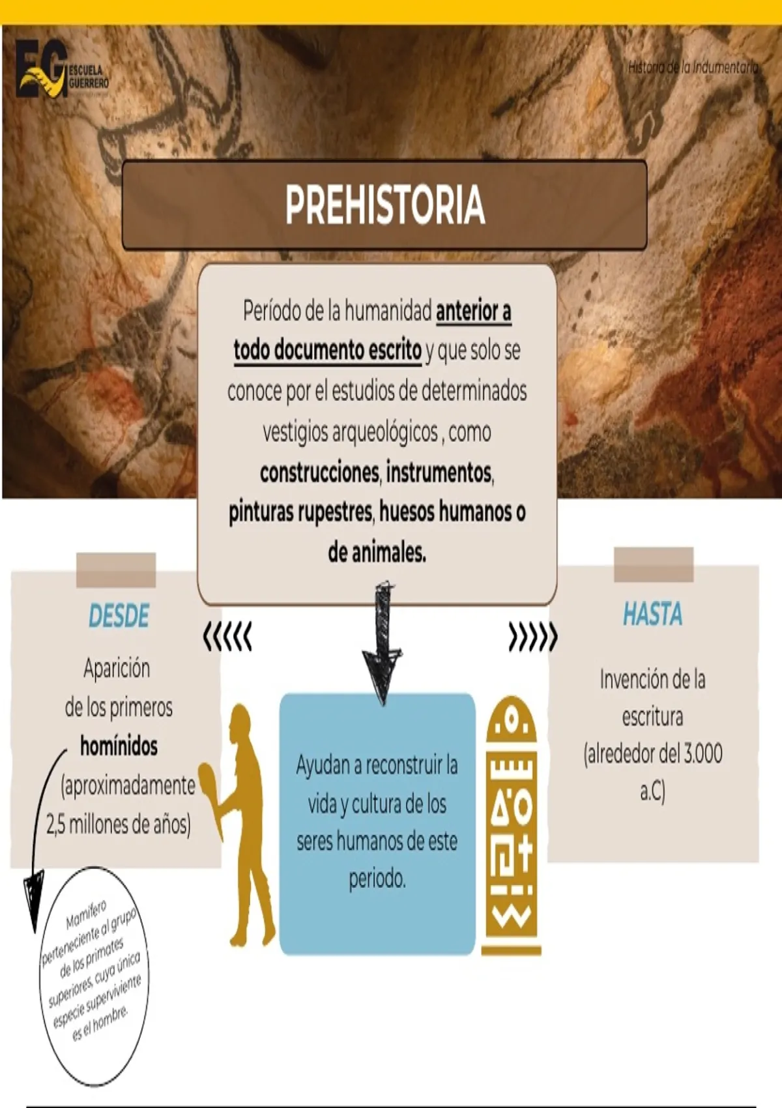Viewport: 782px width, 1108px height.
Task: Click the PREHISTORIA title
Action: [x=384, y=205]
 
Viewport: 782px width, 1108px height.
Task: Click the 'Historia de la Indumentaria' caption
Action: [x=692, y=66]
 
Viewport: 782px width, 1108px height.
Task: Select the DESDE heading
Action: [x=119, y=616]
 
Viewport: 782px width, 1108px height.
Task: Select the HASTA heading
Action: [x=652, y=614]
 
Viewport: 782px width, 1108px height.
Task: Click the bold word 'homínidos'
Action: [x=119, y=746]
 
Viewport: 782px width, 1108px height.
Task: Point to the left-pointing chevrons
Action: [x=227, y=636]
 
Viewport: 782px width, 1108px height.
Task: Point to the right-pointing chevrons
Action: [x=533, y=637]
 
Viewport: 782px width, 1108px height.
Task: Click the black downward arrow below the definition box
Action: [x=383, y=645]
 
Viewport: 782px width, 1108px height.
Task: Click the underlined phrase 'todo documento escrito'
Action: [x=327, y=350]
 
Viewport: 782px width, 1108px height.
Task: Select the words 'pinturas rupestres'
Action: [x=300, y=512]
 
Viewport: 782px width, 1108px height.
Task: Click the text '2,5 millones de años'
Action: [x=118, y=824]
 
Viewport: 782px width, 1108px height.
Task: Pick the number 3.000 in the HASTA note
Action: [x=702, y=754]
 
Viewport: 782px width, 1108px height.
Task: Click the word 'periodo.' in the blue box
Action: [x=377, y=879]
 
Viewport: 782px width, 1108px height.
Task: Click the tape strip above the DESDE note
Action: [x=116, y=570]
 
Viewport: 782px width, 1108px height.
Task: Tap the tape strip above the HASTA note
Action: [x=654, y=564]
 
